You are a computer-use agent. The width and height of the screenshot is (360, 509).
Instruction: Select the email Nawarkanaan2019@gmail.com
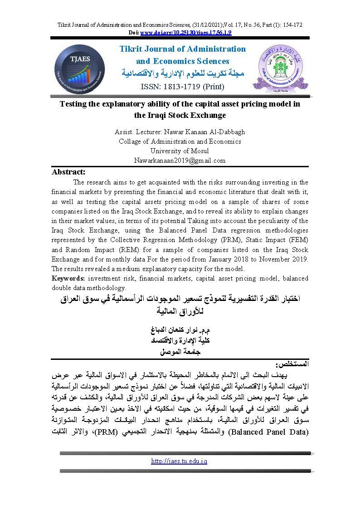(x=180, y=160)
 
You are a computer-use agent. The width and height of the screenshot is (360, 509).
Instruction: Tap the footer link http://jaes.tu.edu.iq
(x=180, y=473)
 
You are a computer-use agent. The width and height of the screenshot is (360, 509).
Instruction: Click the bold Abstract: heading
(x=68, y=172)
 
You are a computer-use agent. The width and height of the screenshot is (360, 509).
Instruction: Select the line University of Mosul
(x=180, y=150)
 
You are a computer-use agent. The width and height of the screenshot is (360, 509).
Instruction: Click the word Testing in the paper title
(x=74, y=104)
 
